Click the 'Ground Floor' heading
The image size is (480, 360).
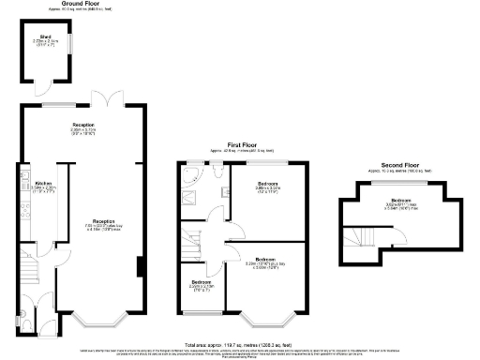(x=82, y=4)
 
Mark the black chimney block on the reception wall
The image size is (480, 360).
(x=140, y=268)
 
